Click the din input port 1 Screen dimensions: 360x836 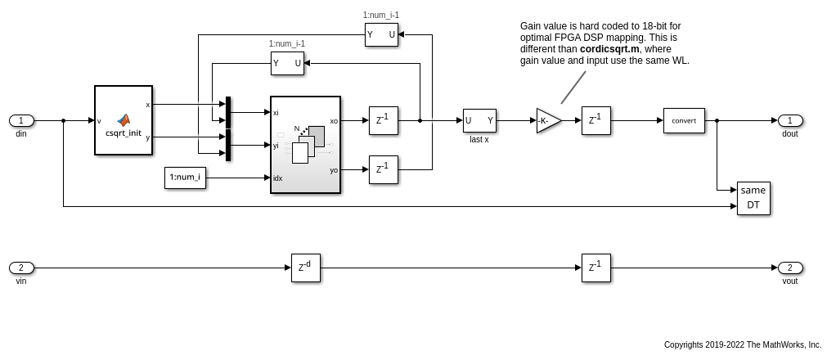(x=21, y=121)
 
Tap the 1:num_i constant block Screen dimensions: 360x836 (x=185, y=178)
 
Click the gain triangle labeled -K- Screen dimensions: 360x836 (x=548, y=121)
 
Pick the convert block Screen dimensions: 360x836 (x=684, y=121)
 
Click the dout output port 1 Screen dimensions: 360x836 (x=790, y=121)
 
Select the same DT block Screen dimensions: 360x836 (x=753, y=198)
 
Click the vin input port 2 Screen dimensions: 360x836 (x=21, y=268)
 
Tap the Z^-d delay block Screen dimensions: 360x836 (x=305, y=268)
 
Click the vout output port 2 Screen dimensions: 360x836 (x=790, y=268)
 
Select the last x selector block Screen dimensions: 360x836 (x=479, y=121)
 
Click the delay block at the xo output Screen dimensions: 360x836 (x=384, y=121)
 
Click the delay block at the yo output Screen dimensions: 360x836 (x=384, y=169)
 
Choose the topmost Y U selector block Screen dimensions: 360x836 (x=381, y=35)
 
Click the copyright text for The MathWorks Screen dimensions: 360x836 (x=743, y=345)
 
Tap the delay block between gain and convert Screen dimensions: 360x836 (x=596, y=121)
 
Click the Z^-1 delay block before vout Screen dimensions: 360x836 (x=596, y=268)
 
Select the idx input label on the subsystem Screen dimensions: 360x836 (x=278, y=178)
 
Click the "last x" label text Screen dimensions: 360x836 (x=479, y=139)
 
